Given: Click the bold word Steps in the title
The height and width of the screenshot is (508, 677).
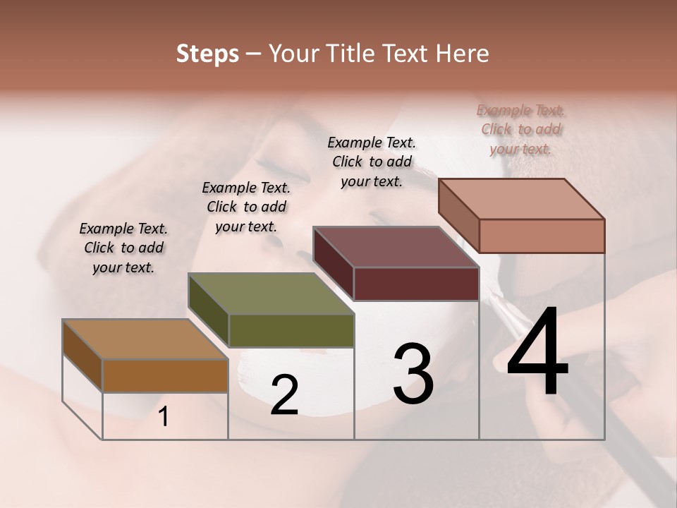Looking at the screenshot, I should pos(207,54).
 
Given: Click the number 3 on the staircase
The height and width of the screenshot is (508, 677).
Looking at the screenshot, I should pos(413,374).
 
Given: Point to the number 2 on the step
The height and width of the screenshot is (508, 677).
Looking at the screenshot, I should pos(284,394).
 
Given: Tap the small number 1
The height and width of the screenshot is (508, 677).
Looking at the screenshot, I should pos(164,417).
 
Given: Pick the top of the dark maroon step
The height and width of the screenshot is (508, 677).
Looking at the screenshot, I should pos(396,247).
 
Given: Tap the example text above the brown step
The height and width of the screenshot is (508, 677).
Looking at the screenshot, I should pos(123,248).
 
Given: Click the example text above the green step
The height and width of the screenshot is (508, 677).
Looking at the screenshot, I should pos(246,207).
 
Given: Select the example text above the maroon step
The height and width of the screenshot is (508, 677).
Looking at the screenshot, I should pos(372,162).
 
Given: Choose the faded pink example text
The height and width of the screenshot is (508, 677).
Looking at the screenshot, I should pos(520,129).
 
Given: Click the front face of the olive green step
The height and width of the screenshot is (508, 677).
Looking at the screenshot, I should pos(291,330).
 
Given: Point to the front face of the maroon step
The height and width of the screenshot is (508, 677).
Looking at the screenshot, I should pos(416,284).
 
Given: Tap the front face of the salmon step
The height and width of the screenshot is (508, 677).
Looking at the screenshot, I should pos(542,236).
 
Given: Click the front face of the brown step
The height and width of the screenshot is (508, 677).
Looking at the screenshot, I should pos(165,375).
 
